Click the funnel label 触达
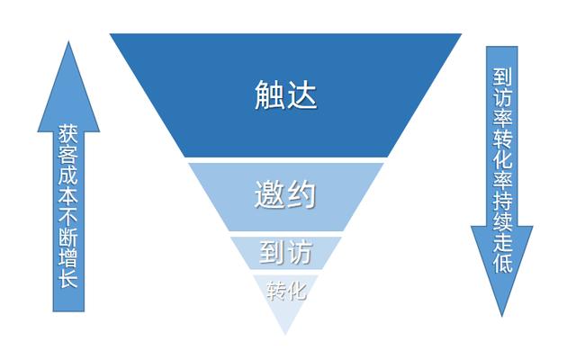tap(286, 94)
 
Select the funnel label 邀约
tap(285, 194)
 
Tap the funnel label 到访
tap(286, 252)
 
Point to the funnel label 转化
tap(286, 291)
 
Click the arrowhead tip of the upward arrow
tap(68, 41)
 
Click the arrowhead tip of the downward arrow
tap(502, 316)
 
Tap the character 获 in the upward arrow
tap(68, 134)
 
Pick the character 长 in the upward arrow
tap(68, 278)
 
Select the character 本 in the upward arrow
tap(68, 195)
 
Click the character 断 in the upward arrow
tap(68, 237)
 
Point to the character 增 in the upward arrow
tap(68, 257)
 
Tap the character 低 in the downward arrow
tap(502, 263)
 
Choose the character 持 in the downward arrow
tap(502, 201)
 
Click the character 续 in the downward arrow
tap(502, 221)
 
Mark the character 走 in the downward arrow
tap(502, 242)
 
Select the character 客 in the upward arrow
tap(68, 154)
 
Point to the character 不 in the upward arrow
tap(68, 216)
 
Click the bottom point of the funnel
tap(286, 334)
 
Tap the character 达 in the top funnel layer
tap(302, 94)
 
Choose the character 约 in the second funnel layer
tap(301, 194)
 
